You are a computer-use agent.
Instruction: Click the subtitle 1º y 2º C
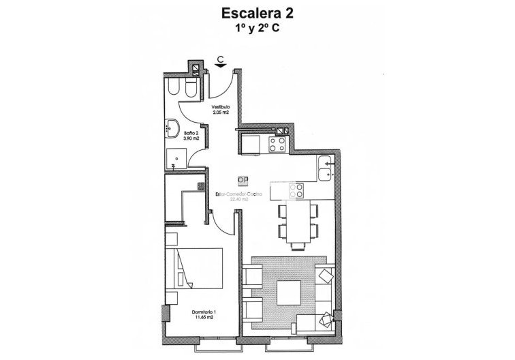point(257,30)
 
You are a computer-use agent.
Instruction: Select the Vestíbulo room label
point(219,107)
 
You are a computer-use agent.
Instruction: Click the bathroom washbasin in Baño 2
point(172,127)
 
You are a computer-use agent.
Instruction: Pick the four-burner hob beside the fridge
point(277,144)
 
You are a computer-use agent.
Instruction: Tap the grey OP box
point(243,180)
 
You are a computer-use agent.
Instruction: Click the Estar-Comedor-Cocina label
point(238,195)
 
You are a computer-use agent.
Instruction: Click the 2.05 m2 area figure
point(219,112)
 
